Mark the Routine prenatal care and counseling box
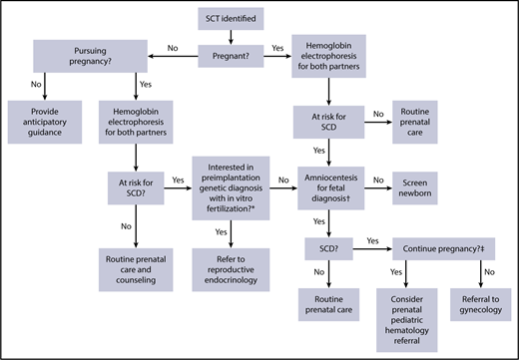pyautogui.click(x=136, y=267)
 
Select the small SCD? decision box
pyautogui.click(x=328, y=242)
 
